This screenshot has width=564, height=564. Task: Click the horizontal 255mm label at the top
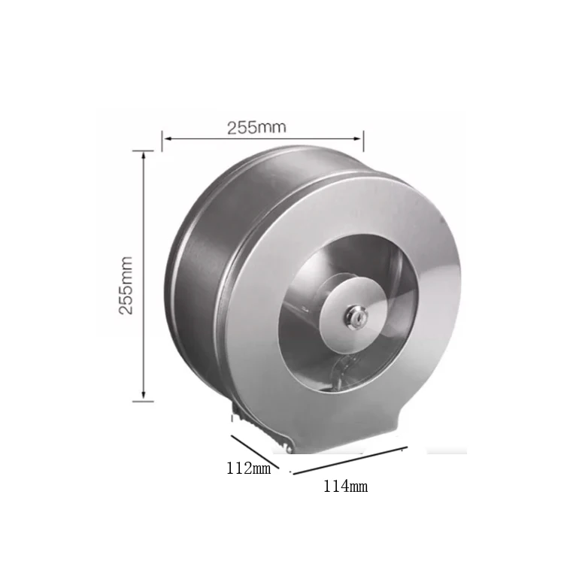tap(256, 127)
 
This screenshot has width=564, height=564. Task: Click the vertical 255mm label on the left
tap(126, 285)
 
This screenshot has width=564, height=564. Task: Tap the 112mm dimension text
tap(248, 468)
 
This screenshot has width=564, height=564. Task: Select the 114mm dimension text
tap(345, 486)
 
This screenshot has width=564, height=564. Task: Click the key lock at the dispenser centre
tap(352, 315)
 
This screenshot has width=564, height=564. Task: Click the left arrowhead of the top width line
tap(166, 138)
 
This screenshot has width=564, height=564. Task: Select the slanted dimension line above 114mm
tap(350, 461)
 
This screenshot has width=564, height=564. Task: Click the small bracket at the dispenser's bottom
tap(239, 413)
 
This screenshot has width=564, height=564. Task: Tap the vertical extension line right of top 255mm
tap(364, 140)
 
